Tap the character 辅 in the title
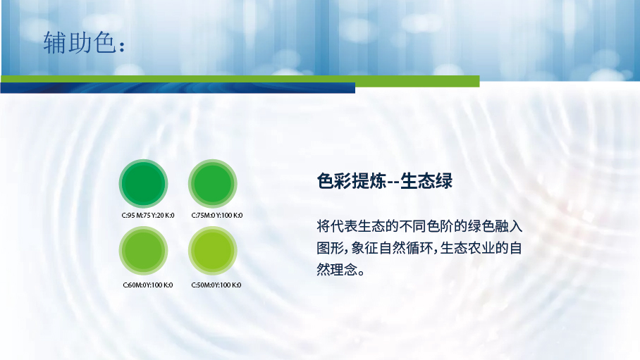[x=55, y=42]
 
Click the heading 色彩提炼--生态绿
[x=384, y=181]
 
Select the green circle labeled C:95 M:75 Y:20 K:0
[x=143, y=183]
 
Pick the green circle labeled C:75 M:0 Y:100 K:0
[x=213, y=183]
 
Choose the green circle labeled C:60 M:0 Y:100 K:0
[x=143, y=251]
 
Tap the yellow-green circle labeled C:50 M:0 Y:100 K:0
[x=213, y=251]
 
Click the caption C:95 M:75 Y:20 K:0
[x=148, y=216]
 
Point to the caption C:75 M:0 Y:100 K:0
[x=216, y=216]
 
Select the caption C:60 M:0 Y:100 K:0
[x=148, y=285]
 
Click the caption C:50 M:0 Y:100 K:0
[x=216, y=285]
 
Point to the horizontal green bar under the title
[x=240, y=81]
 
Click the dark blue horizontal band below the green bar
[x=178, y=88]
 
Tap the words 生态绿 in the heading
[x=426, y=181]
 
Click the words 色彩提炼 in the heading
[x=351, y=181]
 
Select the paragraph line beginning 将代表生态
[x=419, y=226]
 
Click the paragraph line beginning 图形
[x=419, y=248]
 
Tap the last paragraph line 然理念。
[x=340, y=269]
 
